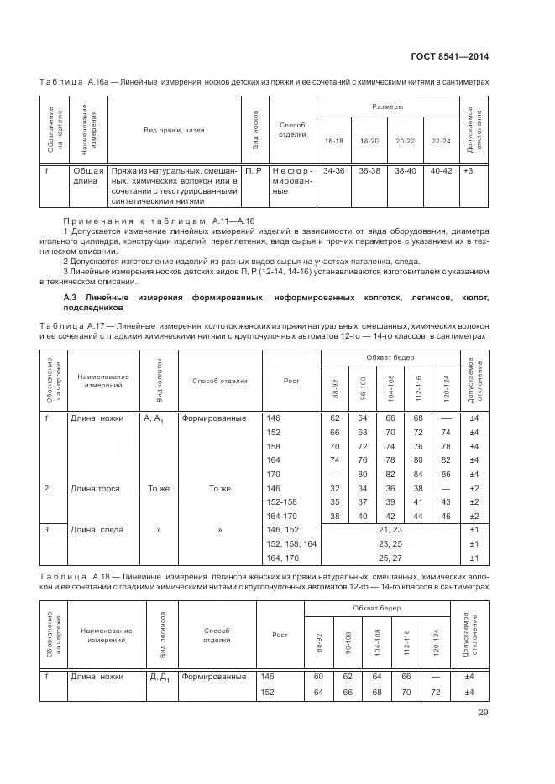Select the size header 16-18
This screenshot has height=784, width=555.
click(334, 142)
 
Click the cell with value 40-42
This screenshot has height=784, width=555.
click(440, 170)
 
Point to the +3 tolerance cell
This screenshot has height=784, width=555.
click(469, 170)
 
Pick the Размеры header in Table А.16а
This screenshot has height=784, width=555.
click(387, 106)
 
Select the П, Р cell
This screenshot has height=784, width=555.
click(252, 170)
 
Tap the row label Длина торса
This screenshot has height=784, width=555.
click(95, 488)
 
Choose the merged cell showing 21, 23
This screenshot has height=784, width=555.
click(390, 530)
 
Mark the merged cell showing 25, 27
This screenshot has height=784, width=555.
click(390, 558)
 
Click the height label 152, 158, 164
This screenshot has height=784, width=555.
click(291, 544)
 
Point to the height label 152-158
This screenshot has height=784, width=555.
click(282, 502)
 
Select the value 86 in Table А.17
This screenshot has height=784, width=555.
click(445, 474)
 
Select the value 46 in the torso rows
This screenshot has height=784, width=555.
click(445, 516)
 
